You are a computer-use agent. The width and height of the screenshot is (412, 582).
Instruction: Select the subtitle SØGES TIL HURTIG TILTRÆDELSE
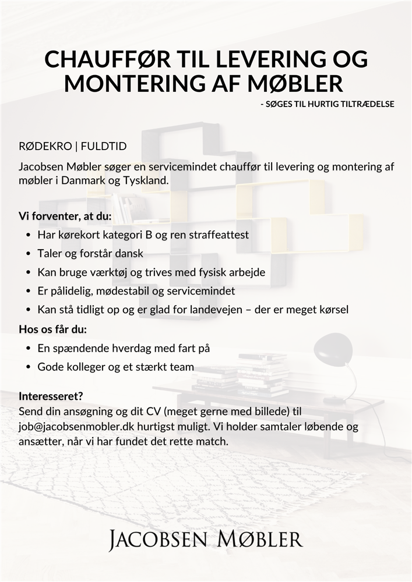point(328,104)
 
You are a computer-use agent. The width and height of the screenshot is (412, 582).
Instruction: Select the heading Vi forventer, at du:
point(65,217)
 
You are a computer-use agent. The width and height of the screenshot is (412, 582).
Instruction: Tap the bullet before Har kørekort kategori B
point(29,236)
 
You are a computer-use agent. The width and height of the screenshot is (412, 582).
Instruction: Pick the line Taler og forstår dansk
point(90,254)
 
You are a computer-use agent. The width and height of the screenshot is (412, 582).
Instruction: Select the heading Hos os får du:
point(53,330)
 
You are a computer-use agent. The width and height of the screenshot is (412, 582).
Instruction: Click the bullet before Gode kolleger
point(29,367)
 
